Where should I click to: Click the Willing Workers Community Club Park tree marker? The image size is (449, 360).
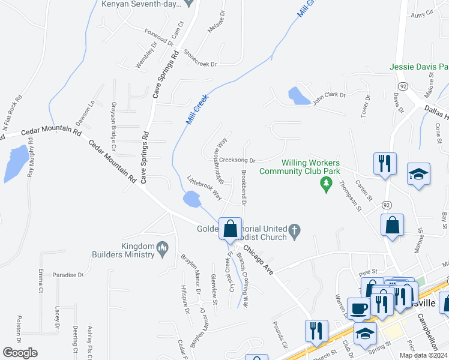326,186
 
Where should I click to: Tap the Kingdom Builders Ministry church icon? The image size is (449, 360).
163,247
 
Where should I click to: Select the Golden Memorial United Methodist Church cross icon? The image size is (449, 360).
294,231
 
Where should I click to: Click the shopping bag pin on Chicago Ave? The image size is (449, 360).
230,229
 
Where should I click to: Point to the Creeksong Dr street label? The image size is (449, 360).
238,160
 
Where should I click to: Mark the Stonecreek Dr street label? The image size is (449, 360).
200,57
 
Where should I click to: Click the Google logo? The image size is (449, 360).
20,353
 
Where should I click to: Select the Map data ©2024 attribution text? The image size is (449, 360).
423,355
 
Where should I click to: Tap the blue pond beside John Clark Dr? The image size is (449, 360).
296,95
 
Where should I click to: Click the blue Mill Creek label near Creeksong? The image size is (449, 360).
197,110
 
